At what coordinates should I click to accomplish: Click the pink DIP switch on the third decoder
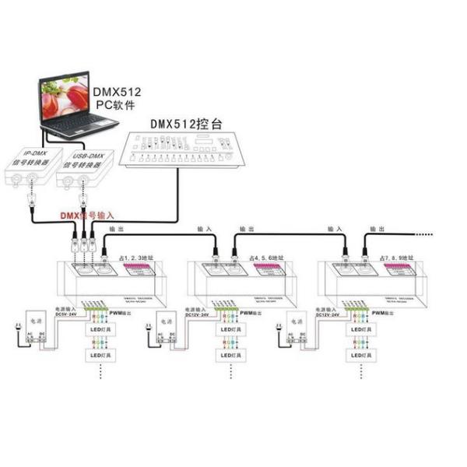[x=396, y=269]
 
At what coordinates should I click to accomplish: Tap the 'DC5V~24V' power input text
[x=67, y=314]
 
